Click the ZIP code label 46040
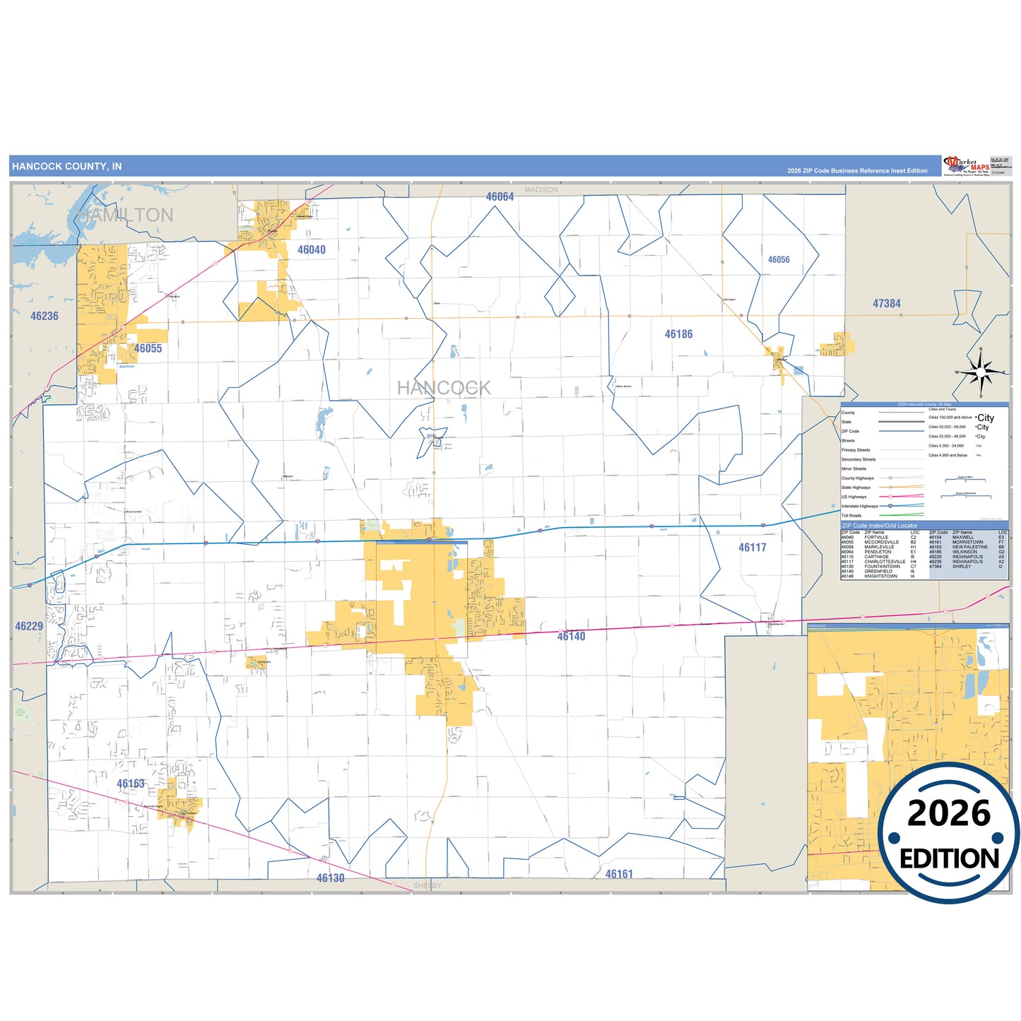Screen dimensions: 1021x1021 click(312, 249)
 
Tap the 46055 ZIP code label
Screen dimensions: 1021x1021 click(148, 348)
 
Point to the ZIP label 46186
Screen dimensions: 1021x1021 click(678, 334)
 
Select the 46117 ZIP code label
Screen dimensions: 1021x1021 click(752, 548)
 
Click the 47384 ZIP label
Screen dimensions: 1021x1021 click(886, 304)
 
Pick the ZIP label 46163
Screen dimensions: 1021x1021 click(131, 784)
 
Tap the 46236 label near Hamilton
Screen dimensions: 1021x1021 click(45, 317)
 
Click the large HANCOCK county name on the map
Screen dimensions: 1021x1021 click(443, 388)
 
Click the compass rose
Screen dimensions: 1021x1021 click(981, 372)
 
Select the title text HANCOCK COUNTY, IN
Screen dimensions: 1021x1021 click(67, 167)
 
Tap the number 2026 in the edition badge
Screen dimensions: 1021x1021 click(949, 813)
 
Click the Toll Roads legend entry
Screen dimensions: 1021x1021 click(851, 516)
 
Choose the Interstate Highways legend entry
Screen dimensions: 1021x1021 click(859, 506)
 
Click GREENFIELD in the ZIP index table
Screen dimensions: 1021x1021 click(878, 572)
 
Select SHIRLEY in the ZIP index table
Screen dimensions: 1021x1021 click(962, 567)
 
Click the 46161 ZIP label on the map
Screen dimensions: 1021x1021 click(619, 874)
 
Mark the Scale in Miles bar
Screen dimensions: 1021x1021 click(965, 480)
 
